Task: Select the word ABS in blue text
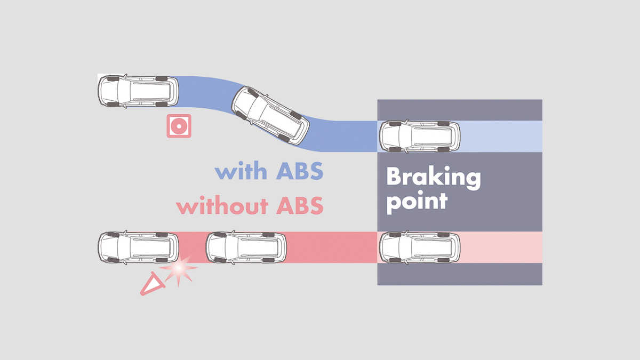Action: (299, 172)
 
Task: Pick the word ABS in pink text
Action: (299, 205)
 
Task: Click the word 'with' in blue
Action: (241, 172)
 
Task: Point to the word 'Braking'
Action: (433, 178)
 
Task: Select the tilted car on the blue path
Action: (270, 116)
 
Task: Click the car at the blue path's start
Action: (138, 91)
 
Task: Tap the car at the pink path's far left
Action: (138, 247)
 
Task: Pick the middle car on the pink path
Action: (246, 247)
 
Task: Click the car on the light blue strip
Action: (419, 137)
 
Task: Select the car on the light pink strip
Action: (419, 247)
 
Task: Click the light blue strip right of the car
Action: (501, 137)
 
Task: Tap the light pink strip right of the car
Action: (501, 247)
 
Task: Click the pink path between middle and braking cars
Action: (331, 247)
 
